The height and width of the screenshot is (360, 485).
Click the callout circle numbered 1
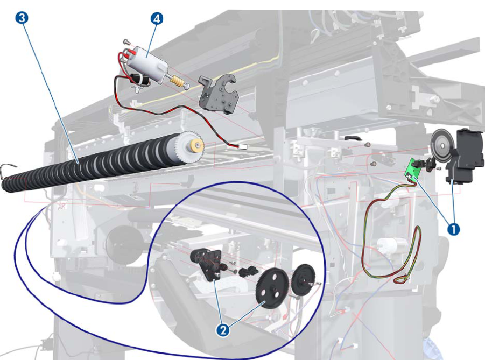pos(454,229)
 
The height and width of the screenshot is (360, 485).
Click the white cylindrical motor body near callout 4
pos(148,63)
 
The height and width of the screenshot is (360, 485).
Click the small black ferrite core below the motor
pos(140,79)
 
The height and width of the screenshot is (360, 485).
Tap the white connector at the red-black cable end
pos(242,146)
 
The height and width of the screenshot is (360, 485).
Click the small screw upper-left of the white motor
pos(126,41)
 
